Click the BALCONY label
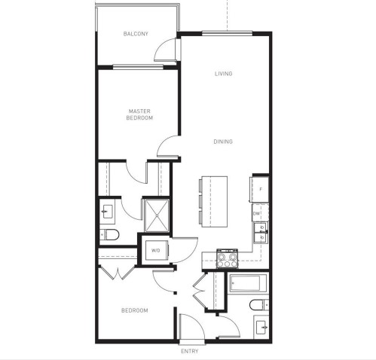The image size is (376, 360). pyautogui.click(x=136, y=34)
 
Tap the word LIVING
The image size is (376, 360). pyautogui.click(x=223, y=73)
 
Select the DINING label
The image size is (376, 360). pyautogui.click(x=223, y=142)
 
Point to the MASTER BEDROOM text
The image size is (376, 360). pyautogui.click(x=140, y=114)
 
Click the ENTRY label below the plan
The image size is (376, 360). pyautogui.click(x=190, y=352)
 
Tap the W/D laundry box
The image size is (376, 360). pyautogui.click(x=156, y=250)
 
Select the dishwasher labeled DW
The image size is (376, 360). pyautogui.click(x=257, y=215)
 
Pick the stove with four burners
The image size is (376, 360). pyautogui.click(x=227, y=258)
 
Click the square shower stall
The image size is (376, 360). pyautogui.click(x=157, y=213)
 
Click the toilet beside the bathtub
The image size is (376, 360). pyautogui.click(x=258, y=306)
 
